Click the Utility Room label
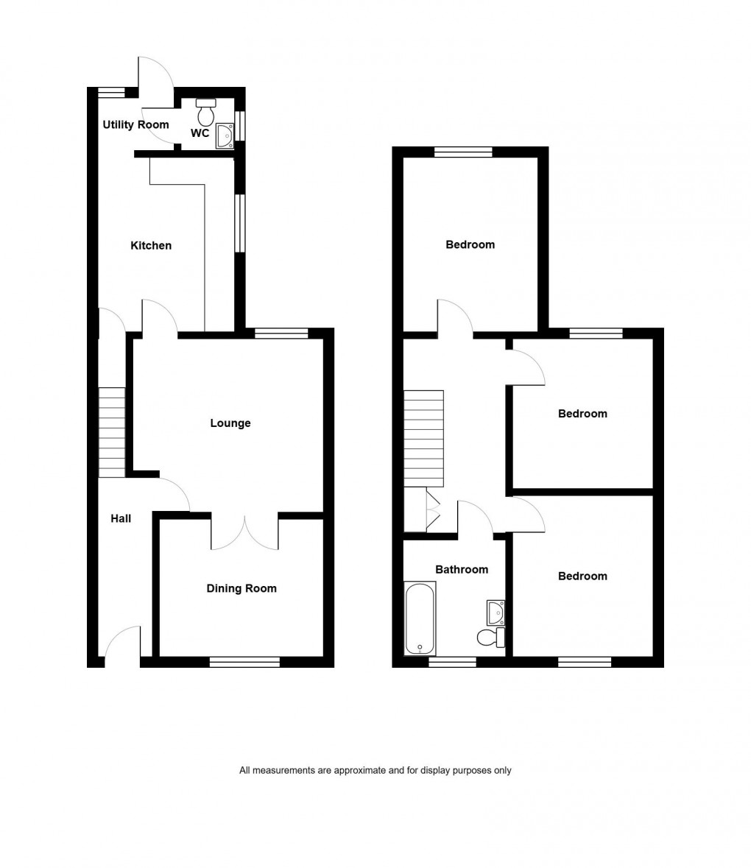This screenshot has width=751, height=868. tap(135, 125)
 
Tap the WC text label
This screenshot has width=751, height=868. tap(200, 134)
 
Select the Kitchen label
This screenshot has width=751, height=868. tap(151, 246)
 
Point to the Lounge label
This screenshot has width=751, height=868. tap(230, 423)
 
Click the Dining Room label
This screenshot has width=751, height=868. tap(241, 589)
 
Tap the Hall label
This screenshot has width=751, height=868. tap(121, 519)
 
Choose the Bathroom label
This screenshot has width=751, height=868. tap(462, 570)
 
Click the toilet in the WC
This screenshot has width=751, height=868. tap(206, 113)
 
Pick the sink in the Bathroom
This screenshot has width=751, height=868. tap(496, 612)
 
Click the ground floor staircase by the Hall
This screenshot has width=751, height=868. tap(112, 433)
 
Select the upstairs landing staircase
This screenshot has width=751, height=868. tap(424, 438)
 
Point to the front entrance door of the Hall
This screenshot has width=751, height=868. tap(122, 644)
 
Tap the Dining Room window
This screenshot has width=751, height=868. tap(244, 662)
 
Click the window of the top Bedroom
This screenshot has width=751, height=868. tap(463, 152)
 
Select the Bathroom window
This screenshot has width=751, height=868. tap(452, 662)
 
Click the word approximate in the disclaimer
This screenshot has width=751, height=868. tap(359, 771)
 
